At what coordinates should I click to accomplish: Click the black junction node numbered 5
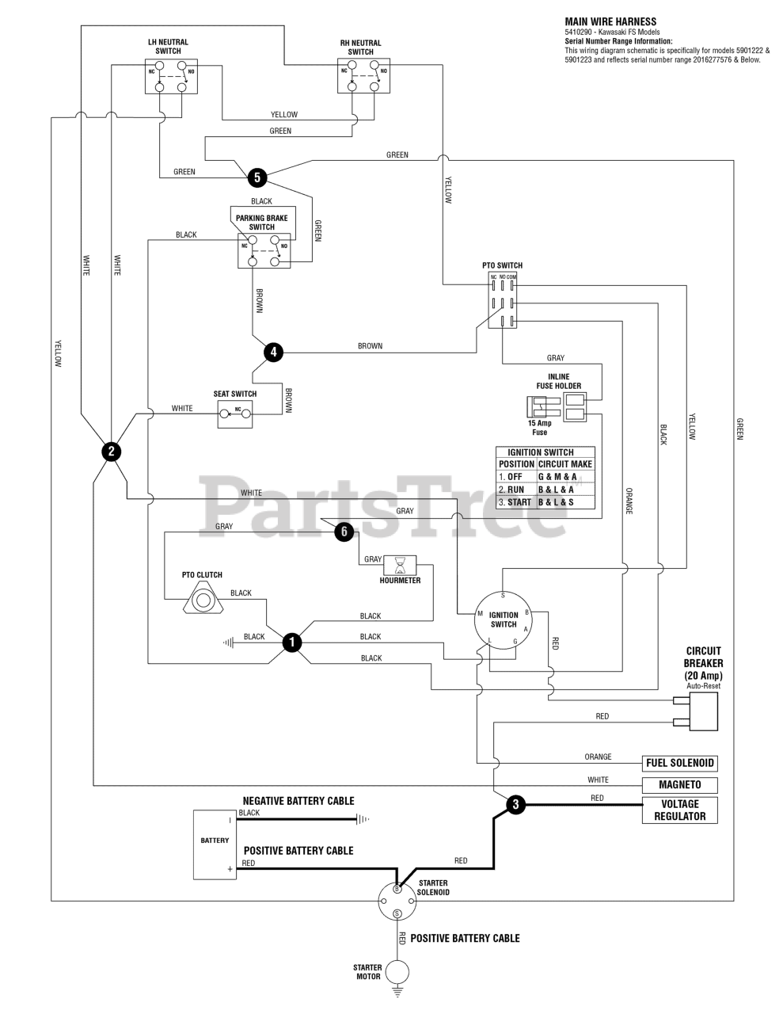click(x=257, y=177)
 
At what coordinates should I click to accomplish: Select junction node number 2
click(x=111, y=452)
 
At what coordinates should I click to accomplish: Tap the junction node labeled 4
click(x=272, y=352)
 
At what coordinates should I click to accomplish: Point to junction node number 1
click(x=292, y=642)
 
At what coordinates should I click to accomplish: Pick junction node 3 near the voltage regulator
click(x=515, y=805)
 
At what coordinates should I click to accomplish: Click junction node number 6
click(x=344, y=532)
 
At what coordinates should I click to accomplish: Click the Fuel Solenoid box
click(x=680, y=764)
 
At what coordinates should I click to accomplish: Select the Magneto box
click(x=680, y=785)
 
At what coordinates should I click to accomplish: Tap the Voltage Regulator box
click(x=679, y=810)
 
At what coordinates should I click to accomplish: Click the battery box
click(x=215, y=844)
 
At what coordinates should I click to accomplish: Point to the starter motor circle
click(x=397, y=972)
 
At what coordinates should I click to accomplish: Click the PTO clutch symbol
click(x=203, y=600)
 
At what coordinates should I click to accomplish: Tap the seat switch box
click(x=235, y=414)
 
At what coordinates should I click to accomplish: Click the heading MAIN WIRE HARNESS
click(x=610, y=22)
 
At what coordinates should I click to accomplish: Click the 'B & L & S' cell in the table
click(x=564, y=502)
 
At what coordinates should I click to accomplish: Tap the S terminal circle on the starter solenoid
click(x=397, y=913)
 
